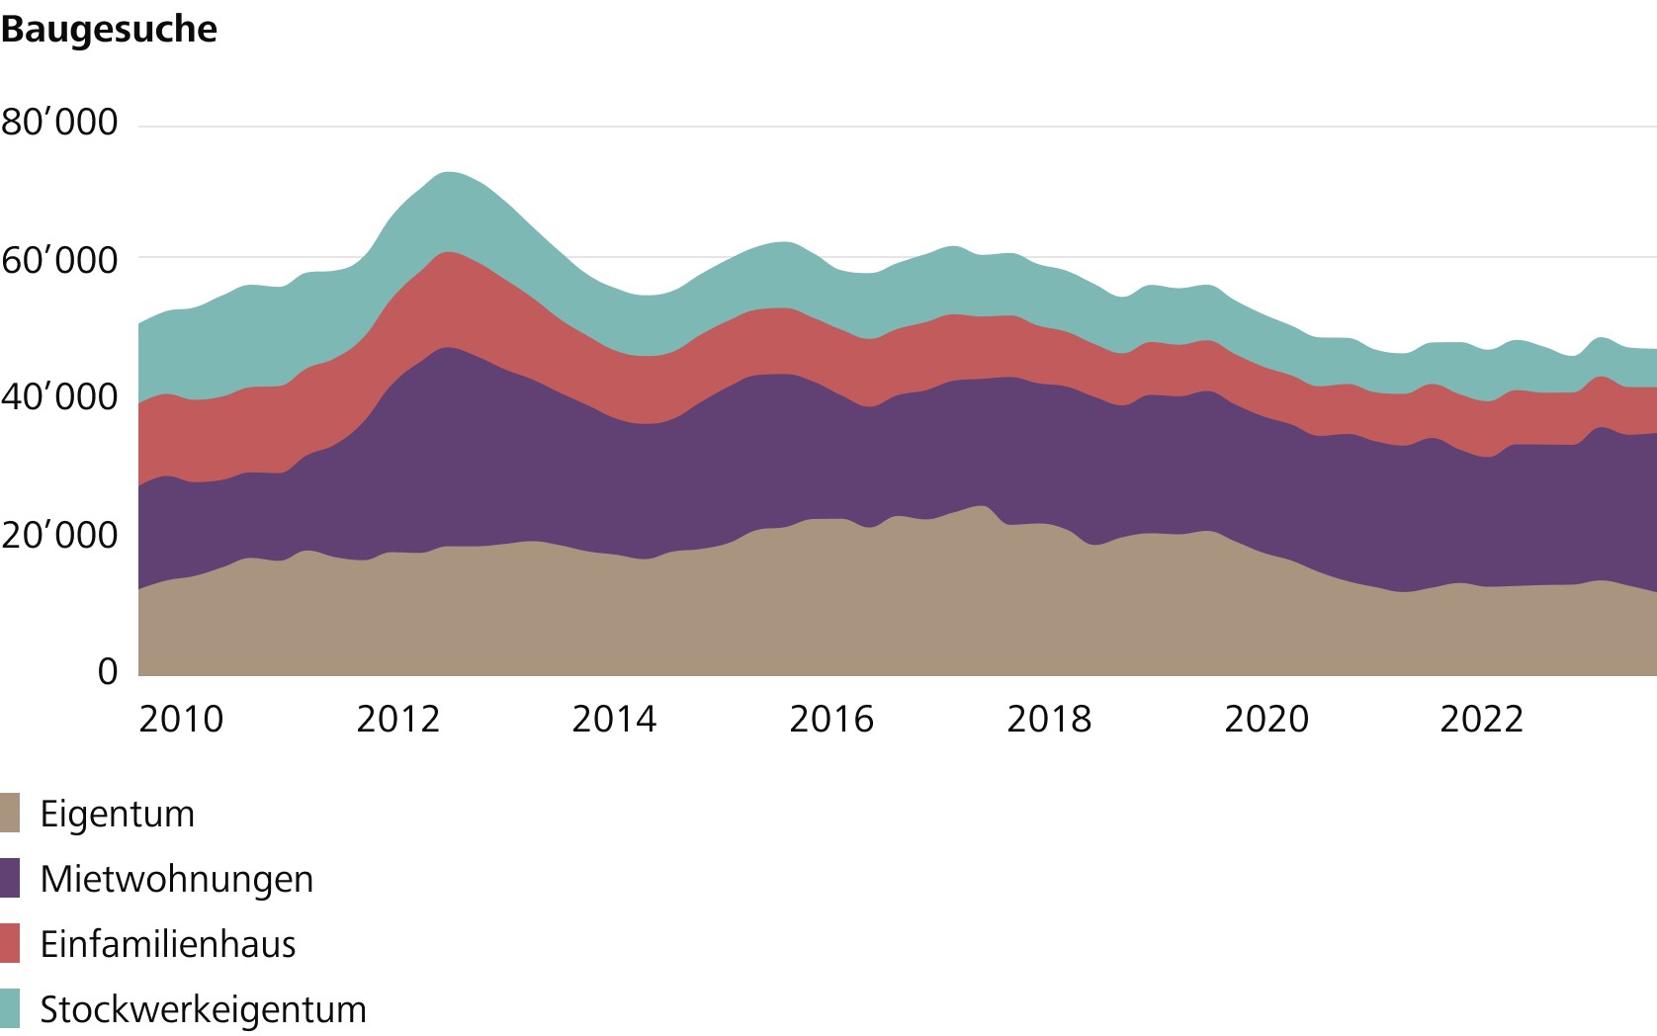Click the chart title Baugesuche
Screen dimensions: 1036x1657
point(109,30)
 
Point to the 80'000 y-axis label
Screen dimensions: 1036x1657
point(59,123)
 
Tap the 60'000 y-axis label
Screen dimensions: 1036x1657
point(59,261)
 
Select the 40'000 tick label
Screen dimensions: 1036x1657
point(59,397)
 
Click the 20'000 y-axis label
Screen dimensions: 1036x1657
point(59,536)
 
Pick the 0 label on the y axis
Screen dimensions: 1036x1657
point(108,672)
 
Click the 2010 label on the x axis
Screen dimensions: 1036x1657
point(181,720)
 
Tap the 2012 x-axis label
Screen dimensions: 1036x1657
point(397,720)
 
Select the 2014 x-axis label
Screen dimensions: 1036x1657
point(614,720)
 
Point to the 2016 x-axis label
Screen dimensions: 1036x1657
point(831,720)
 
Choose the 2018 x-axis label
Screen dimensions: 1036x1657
point(1049,720)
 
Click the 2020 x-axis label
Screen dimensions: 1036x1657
point(1266,720)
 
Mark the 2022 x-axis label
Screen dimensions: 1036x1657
point(1481,720)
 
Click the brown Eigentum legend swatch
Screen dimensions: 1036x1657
point(10,814)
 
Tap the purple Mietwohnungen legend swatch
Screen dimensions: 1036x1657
point(10,879)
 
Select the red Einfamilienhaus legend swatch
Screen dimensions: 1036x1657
point(10,944)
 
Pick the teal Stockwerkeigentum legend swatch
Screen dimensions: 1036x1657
point(10,1009)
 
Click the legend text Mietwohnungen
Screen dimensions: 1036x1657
point(177,879)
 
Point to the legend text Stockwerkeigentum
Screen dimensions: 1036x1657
point(203,1009)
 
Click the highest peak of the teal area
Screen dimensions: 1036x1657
point(450,174)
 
